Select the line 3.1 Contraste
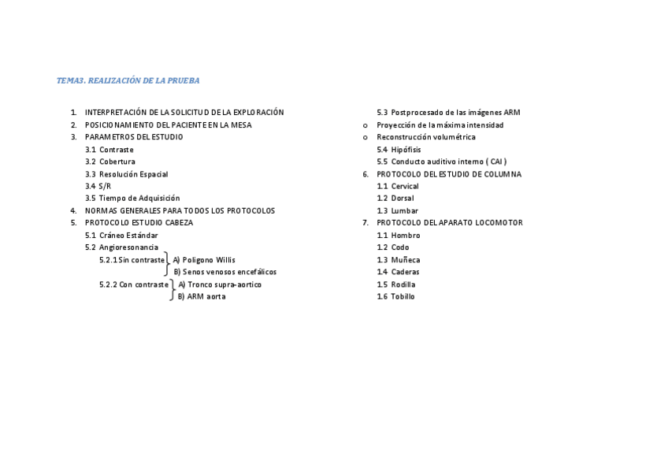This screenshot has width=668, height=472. click(109, 150)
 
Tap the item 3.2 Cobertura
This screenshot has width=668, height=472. click(110, 162)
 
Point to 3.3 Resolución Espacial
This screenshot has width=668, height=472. click(127, 174)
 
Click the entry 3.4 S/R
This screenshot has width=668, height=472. click(98, 186)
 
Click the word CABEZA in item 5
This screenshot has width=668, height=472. click(178, 223)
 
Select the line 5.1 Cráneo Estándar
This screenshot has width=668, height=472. click(121, 236)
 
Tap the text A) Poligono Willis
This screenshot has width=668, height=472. click(204, 260)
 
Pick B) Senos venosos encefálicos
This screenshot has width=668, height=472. click(225, 272)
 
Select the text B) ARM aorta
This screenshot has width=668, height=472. click(202, 297)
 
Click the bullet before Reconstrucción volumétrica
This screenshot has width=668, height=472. click(365, 137)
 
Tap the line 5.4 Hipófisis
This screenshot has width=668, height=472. click(399, 150)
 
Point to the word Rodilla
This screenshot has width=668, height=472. click(405, 284)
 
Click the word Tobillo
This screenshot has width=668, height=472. click(403, 297)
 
